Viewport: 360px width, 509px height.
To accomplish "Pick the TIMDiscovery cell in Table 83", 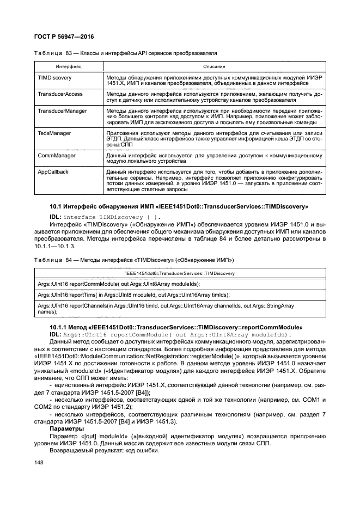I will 52,78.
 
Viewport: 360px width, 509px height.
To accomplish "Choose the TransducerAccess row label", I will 60,94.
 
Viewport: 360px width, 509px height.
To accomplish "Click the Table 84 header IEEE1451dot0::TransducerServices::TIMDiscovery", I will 180,272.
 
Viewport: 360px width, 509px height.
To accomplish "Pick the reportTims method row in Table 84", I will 133,295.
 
